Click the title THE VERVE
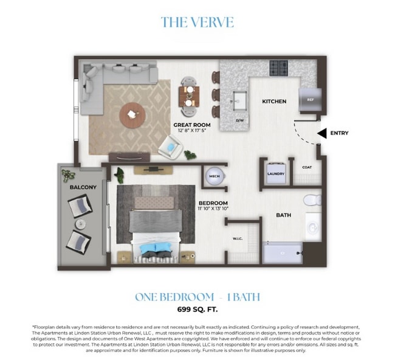[197, 22]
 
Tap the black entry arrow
[322, 133]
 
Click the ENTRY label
[339, 133]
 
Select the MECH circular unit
[214, 176]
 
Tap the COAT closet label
[307, 167]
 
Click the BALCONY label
[83, 187]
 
